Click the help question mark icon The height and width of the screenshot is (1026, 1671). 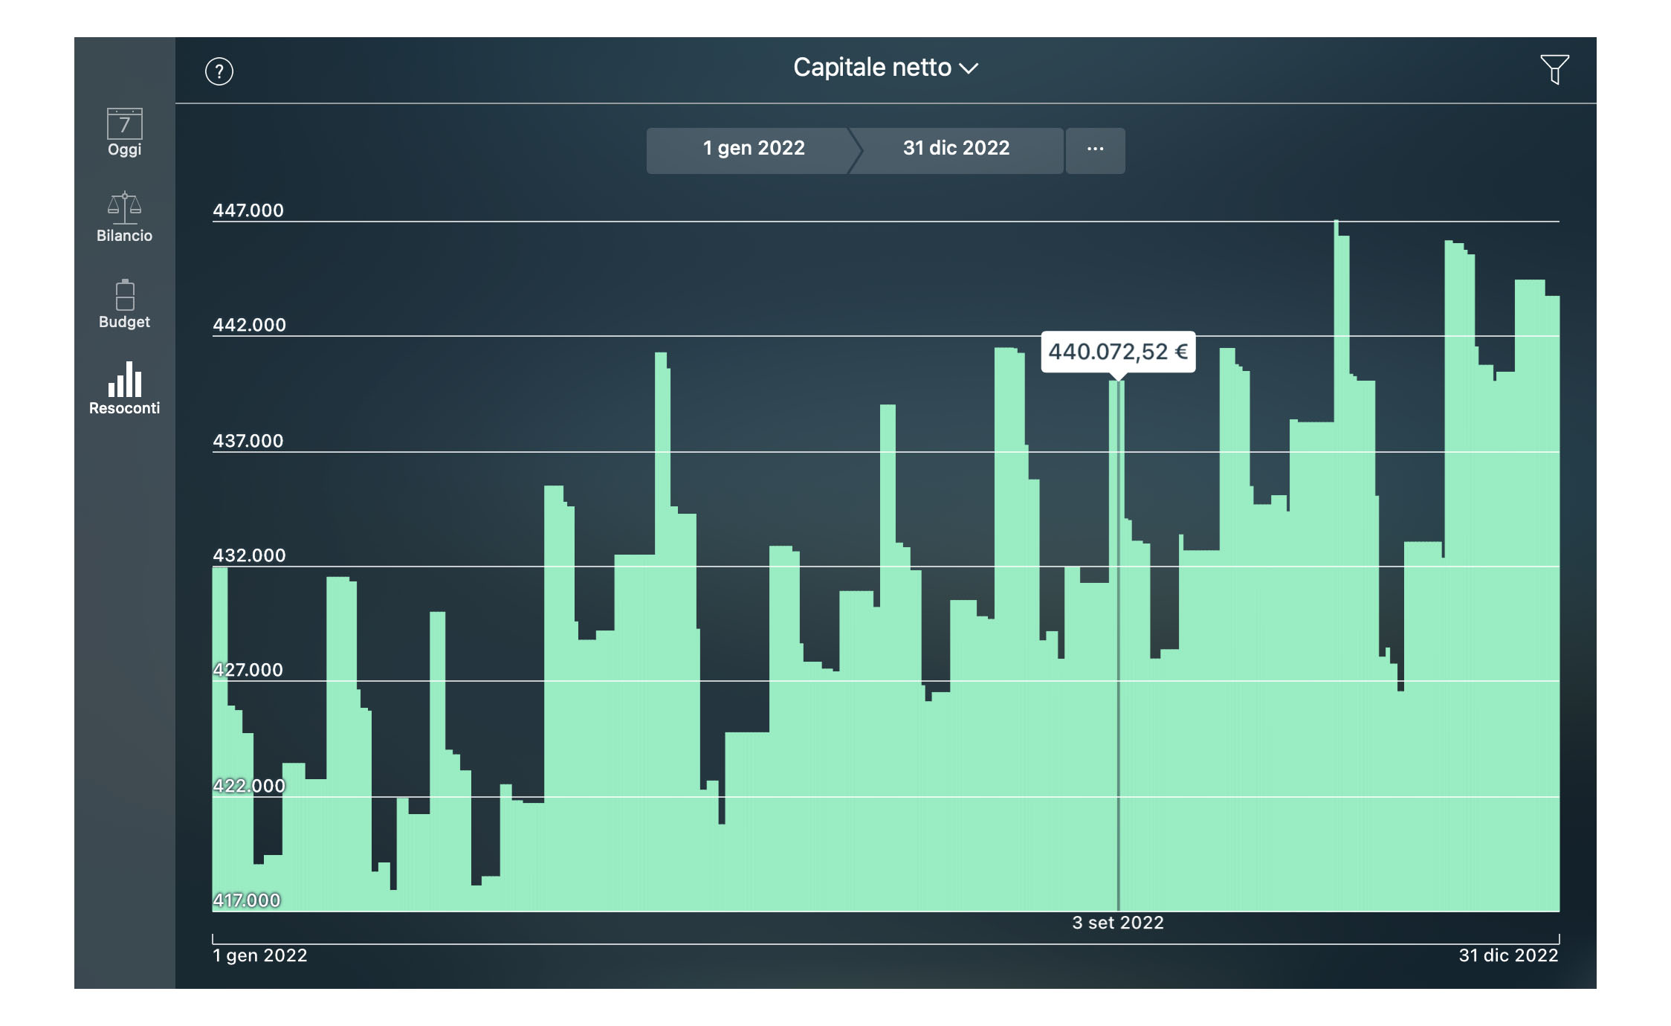(219, 71)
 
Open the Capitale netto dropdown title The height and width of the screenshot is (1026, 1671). (885, 68)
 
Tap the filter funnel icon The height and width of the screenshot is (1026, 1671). (1554, 69)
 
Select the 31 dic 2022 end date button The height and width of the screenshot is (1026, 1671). (956, 149)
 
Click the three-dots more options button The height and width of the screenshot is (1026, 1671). (1095, 149)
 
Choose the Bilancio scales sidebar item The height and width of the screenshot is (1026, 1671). (124, 217)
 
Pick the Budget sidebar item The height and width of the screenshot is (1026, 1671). (124, 304)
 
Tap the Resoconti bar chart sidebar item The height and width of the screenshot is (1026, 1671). (124, 389)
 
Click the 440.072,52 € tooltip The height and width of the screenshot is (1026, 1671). (1117, 352)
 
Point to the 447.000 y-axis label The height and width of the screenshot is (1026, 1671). (248, 210)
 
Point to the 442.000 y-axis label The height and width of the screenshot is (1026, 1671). (249, 325)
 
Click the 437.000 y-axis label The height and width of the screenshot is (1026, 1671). (248, 441)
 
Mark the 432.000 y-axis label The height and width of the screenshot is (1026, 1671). (249, 555)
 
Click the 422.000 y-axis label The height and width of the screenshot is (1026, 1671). (249, 786)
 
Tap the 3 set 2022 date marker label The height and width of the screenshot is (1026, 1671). (1117, 923)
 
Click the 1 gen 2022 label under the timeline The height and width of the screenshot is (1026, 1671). (260, 955)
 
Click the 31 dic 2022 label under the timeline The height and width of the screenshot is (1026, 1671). (1507, 955)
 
